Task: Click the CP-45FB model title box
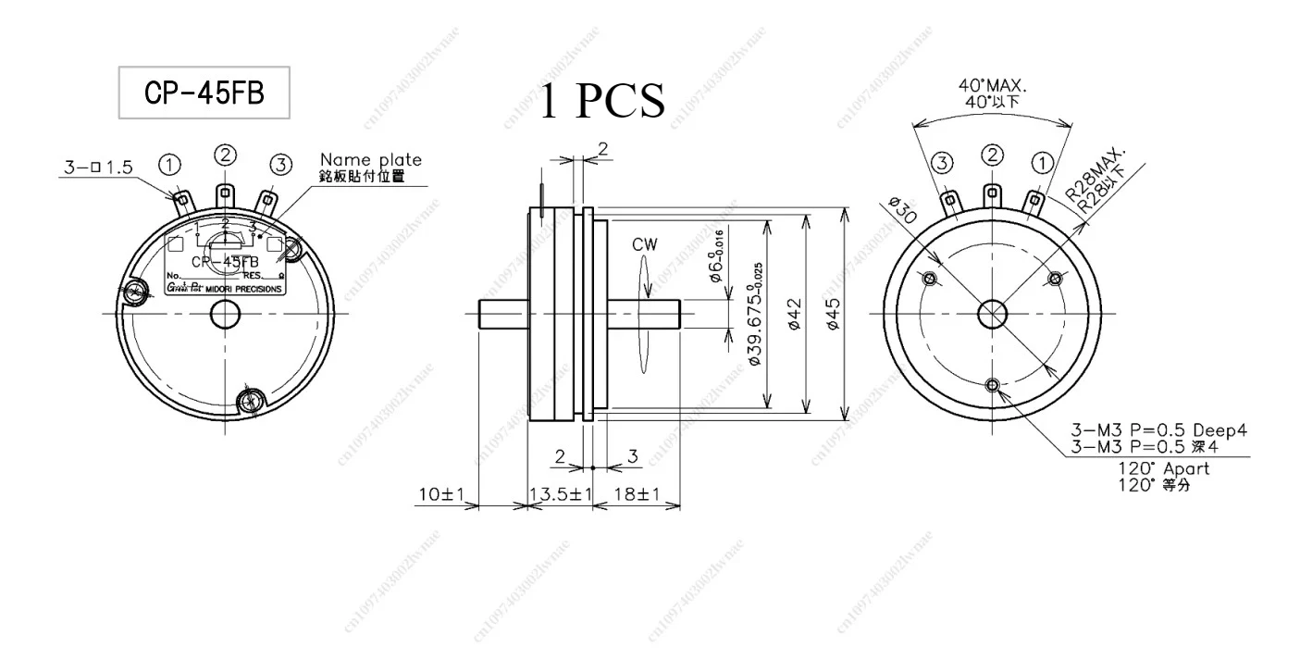[204, 92]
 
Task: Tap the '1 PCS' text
[601, 100]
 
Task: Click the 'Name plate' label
[370, 160]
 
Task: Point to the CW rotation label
[644, 245]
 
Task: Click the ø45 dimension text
[834, 314]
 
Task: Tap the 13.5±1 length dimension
[560, 495]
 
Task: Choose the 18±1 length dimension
[636, 495]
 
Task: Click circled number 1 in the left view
[170, 164]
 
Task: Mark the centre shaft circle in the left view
[225, 315]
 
